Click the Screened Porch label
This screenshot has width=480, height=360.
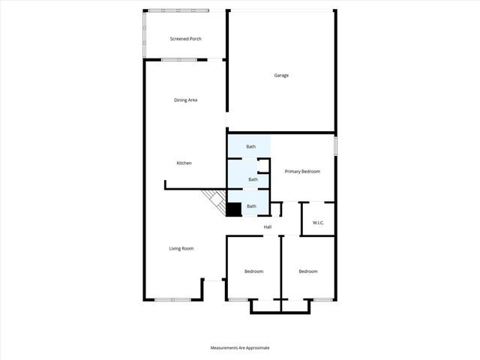[185, 39]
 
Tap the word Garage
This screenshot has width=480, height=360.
[281, 75]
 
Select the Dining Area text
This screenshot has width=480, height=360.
[185, 100]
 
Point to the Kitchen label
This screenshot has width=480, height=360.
[184, 163]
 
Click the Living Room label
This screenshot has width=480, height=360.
[181, 248]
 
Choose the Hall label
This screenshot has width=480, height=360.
[267, 226]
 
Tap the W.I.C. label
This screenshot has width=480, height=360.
[318, 223]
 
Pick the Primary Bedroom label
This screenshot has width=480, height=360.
[302, 172]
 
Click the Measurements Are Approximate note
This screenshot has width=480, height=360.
[240, 348]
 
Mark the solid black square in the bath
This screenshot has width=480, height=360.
[234, 210]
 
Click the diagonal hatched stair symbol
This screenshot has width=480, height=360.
[216, 201]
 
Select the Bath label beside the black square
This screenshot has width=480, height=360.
[252, 206]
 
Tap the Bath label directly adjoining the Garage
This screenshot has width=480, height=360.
[250, 146]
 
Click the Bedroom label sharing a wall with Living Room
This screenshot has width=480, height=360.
[253, 271]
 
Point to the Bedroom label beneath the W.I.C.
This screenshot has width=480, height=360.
[307, 271]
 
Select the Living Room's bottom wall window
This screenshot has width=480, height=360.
[173, 300]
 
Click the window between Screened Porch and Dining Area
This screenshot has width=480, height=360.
[181, 59]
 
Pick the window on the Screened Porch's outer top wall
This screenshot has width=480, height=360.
[178, 10]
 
